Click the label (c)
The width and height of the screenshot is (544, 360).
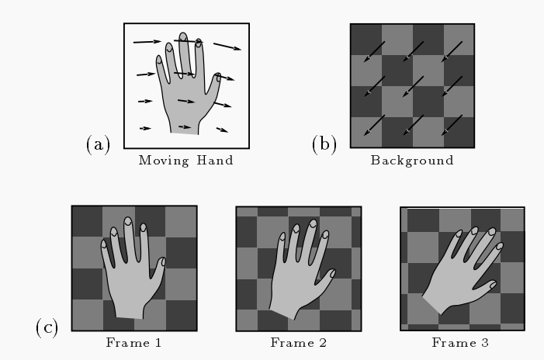coord(48,327)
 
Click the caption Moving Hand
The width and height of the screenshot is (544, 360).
coord(185,161)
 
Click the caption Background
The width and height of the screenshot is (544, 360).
coord(411,161)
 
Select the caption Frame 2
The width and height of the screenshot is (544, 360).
coord(298,341)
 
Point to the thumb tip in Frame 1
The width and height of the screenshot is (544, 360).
coord(163,262)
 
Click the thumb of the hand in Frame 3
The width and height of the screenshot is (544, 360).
coord(491,286)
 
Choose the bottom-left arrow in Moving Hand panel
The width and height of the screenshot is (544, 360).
coord(145,127)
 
